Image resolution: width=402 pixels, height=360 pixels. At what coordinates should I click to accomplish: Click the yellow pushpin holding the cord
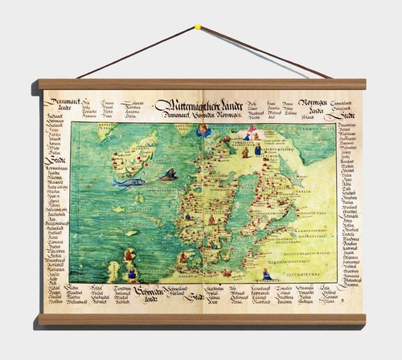tap(197, 27)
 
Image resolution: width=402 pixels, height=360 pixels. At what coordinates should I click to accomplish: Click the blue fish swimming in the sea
tap(129, 182)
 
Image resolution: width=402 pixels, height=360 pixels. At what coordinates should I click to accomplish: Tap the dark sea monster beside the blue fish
tap(166, 174)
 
